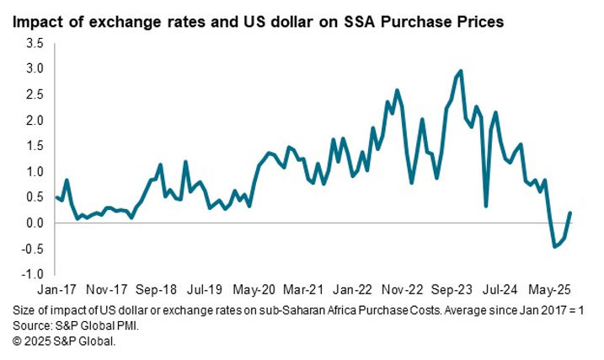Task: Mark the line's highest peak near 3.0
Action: click(461, 71)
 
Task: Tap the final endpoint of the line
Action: click(570, 212)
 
